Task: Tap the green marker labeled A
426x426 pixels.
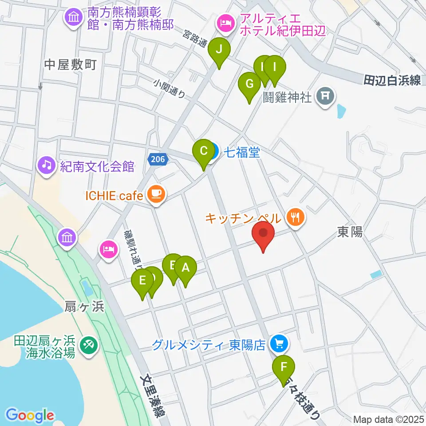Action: pos(185,268)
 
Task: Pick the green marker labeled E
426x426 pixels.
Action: pos(142,281)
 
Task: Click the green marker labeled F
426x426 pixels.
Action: pos(284,367)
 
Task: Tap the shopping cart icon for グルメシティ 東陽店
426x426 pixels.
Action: pos(279,343)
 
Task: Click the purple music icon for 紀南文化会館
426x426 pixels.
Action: pos(47,166)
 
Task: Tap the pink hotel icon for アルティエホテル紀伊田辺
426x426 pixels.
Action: pos(225,22)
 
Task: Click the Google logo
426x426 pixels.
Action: pos(30,415)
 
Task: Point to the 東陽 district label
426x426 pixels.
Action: pos(350,232)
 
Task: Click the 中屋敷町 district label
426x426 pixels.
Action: pos(70,66)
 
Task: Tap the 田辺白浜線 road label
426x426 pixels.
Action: pos(392,80)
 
